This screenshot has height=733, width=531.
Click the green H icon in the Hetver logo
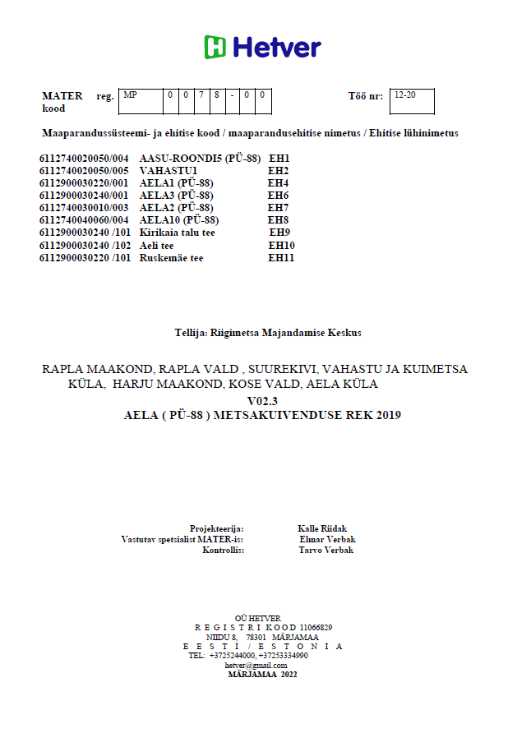(x=215, y=47)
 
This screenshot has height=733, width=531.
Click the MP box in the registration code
(x=140, y=101)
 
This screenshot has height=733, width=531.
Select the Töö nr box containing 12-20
(x=411, y=101)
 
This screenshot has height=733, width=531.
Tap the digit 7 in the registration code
(x=201, y=95)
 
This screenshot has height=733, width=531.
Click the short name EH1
(x=279, y=158)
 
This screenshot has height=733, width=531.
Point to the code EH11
(x=281, y=258)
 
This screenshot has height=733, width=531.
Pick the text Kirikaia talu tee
(x=178, y=233)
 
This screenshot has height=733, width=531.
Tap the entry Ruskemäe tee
(x=171, y=258)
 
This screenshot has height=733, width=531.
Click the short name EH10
(x=281, y=246)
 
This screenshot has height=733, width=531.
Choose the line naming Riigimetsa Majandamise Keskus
(x=268, y=333)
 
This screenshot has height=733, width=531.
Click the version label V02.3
(x=263, y=400)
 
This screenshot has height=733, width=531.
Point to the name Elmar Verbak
(x=328, y=539)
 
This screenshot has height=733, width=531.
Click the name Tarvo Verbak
(x=326, y=550)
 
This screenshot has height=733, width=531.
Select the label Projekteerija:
(x=217, y=528)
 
